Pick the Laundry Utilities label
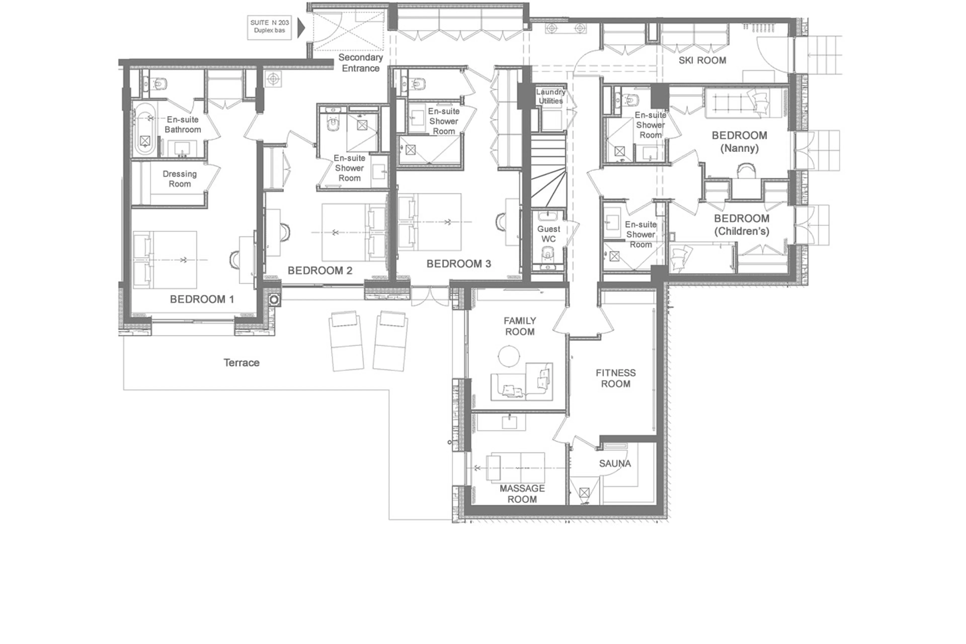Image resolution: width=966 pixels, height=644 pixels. point(550,96)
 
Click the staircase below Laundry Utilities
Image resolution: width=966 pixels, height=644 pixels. point(548,172)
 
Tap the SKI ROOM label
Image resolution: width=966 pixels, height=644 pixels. point(702,60)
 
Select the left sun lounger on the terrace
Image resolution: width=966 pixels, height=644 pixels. point(346,341)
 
